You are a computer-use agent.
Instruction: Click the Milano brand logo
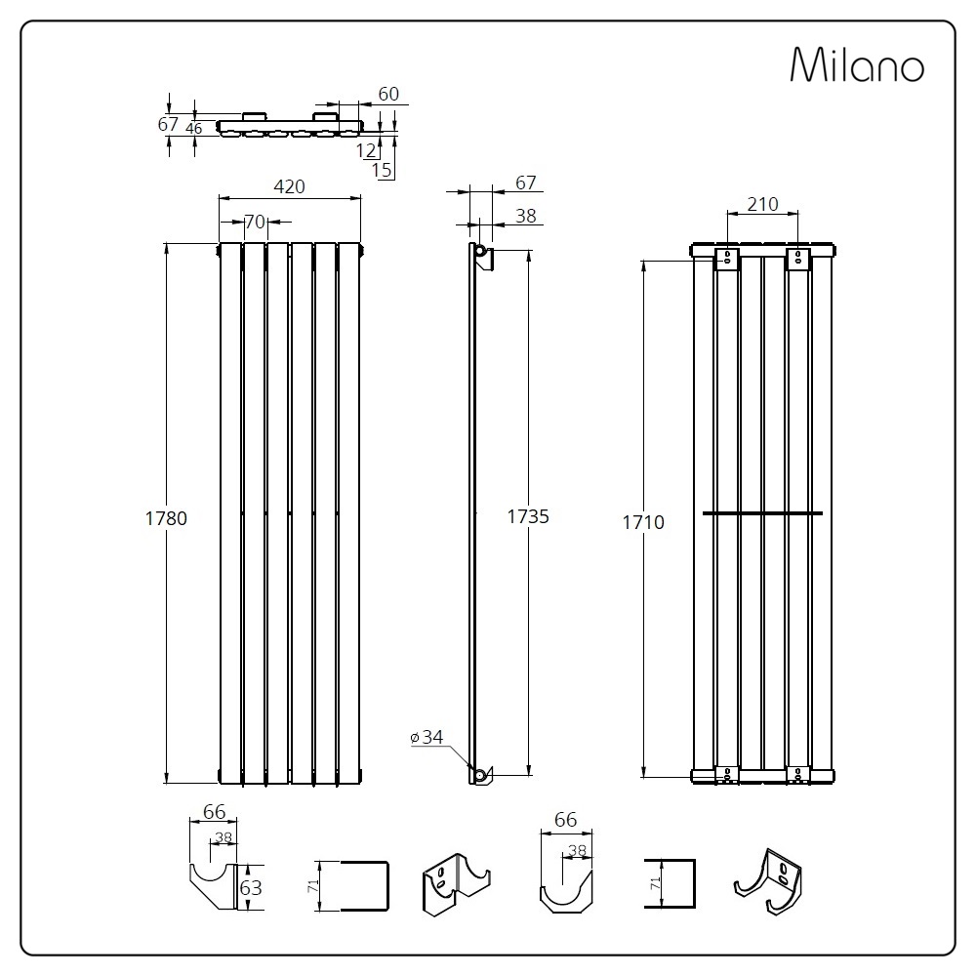click(x=857, y=64)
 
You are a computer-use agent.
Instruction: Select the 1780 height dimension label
click(x=166, y=518)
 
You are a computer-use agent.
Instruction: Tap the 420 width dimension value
click(x=290, y=186)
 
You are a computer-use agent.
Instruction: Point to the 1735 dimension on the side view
click(x=528, y=516)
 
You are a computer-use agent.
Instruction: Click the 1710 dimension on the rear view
click(x=643, y=522)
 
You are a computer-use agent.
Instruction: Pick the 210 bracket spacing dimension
click(x=762, y=204)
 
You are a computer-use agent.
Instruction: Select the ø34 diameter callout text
click(x=427, y=738)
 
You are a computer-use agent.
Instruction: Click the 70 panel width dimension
click(x=255, y=222)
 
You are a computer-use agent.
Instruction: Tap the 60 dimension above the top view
click(x=388, y=94)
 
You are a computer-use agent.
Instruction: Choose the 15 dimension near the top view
click(x=382, y=169)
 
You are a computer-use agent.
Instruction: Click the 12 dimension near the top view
click(x=366, y=150)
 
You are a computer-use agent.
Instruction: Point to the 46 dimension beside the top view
click(x=194, y=129)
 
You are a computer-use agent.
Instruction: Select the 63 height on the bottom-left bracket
click(x=251, y=887)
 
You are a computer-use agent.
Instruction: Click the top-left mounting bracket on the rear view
click(x=726, y=259)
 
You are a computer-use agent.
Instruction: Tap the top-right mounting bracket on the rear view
click(x=798, y=259)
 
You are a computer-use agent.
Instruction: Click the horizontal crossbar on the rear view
click(x=762, y=513)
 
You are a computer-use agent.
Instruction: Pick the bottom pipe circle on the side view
click(x=480, y=776)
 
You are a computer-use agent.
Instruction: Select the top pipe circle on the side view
click(x=480, y=250)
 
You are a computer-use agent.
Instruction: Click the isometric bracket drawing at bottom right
click(x=768, y=881)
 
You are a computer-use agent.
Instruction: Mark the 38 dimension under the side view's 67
click(x=526, y=216)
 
